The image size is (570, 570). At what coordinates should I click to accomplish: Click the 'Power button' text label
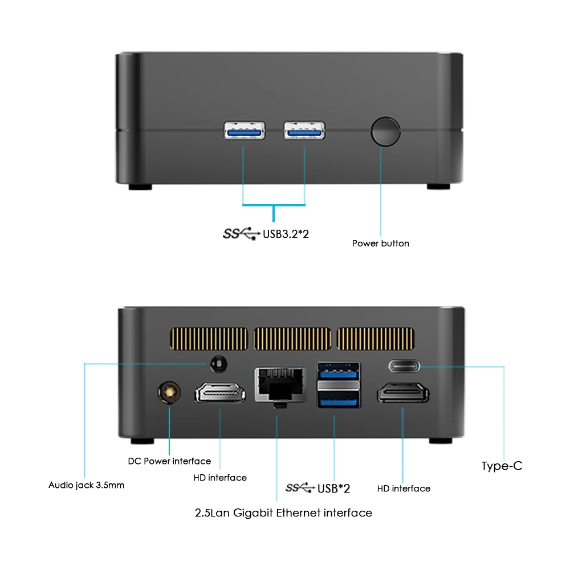click(x=380, y=243)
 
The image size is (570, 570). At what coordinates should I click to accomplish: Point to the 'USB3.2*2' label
click(x=285, y=233)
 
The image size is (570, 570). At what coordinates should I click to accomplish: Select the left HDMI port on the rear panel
click(x=221, y=394)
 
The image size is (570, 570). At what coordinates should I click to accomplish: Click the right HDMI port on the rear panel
click(x=403, y=394)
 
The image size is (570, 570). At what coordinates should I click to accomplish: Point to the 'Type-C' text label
click(x=502, y=466)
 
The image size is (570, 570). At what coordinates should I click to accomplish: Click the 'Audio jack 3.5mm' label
click(x=86, y=486)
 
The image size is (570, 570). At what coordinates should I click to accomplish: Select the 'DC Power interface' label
click(x=169, y=461)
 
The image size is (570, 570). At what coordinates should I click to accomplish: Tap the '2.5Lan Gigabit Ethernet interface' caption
click(x=283, y=513)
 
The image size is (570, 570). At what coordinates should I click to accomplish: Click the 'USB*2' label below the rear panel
click(x=333, y=488)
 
